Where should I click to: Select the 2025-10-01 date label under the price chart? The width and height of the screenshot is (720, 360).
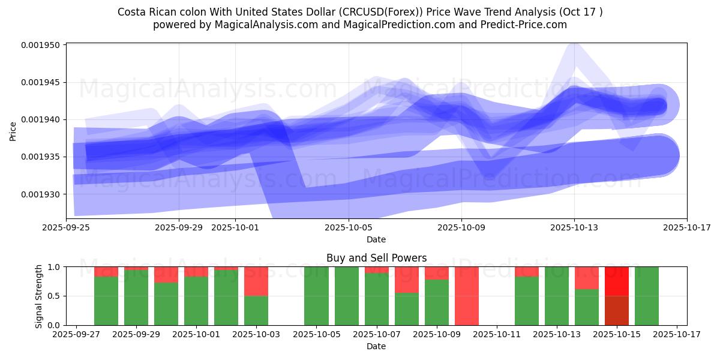[x=235, y=227]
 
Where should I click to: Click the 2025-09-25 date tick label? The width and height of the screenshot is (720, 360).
[x=66, y=227]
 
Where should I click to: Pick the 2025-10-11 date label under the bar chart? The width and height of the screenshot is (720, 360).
[x=497, y=334]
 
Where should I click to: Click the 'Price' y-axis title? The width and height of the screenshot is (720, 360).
[x=13, y=131]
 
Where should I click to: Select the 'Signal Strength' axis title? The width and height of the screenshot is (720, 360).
[x=39, y=296]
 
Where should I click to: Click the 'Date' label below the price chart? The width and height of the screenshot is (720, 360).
[x=376, y=239]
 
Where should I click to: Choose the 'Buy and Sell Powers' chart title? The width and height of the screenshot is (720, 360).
[x=376, y=258]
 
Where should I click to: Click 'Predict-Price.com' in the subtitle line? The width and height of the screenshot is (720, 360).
[x=524, y=25]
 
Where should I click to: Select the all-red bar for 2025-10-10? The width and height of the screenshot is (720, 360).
[x=467, y=296]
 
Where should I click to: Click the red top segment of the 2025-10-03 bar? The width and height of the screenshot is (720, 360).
[x=256, y=281]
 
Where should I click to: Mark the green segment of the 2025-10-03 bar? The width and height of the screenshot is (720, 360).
[x=256, y=310]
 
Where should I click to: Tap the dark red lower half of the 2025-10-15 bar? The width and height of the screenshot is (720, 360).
[x=617, y=310]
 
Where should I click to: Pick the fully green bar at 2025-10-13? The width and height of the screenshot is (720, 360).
[x=557, y=296]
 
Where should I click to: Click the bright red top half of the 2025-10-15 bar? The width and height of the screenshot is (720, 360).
[x=617, y=281]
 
